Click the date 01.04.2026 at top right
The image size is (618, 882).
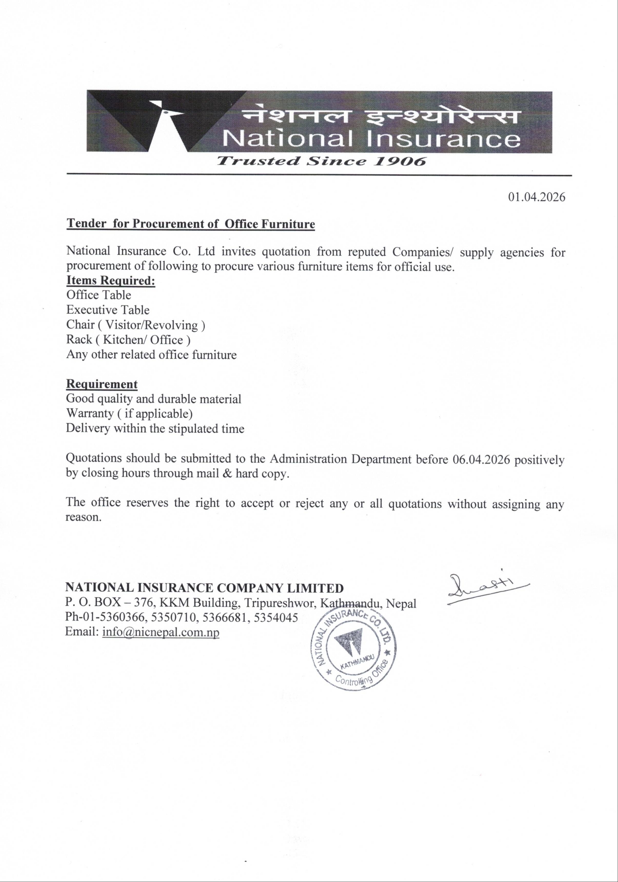click(537, 197)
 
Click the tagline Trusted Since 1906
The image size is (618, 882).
click(321, 161)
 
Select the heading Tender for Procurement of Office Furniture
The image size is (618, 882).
click(191, 224)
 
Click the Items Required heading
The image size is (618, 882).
click(111, 280)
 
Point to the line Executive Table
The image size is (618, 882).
click(108, 310)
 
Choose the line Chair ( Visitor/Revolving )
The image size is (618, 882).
click(136, 325)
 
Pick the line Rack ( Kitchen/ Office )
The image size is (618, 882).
click(128, 340)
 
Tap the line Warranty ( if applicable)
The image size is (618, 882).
click(129, 413)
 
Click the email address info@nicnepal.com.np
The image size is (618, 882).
click(161, 632)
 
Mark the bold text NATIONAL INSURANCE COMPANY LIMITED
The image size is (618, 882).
click(204, 588)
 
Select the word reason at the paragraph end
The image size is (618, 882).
click(83, 517)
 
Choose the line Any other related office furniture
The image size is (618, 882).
click(151, 354)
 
